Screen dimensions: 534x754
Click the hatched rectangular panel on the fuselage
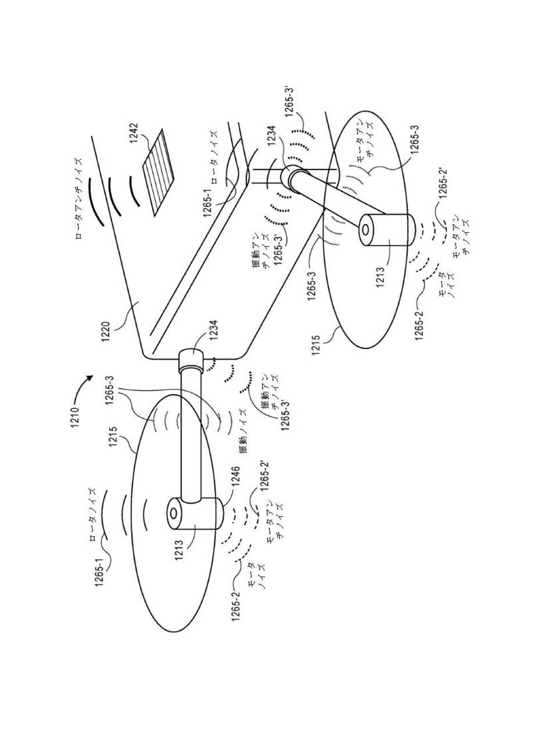(x=160, y=172)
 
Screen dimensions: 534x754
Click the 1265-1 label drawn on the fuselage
(x=207, y=201)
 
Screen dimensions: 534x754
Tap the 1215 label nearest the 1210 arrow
(x=114, y=437)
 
